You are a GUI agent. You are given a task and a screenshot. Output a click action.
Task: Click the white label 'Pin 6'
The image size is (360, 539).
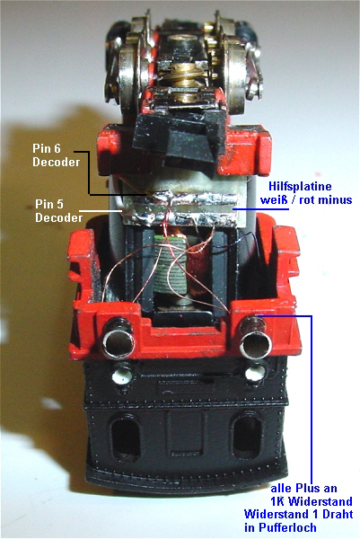click(47, 148)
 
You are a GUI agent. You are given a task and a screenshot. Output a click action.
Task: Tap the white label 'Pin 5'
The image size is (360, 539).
click(49, 204)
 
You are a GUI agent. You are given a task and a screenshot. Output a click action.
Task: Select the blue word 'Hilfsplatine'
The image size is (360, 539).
click(300, 186)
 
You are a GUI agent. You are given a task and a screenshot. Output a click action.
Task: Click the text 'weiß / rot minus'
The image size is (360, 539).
click(306, 199)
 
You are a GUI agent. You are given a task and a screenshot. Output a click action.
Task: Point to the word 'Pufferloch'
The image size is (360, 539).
click(280, 527)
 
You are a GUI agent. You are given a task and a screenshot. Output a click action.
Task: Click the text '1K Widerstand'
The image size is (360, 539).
click(312, 501)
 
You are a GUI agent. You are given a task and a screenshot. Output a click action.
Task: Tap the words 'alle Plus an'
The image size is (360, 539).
click(304, 488)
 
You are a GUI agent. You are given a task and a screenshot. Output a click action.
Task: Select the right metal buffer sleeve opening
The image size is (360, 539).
click(256, 345)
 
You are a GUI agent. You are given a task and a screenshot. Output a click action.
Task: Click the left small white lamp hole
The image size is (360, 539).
click(122, 376)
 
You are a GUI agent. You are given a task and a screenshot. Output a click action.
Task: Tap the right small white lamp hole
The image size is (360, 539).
click(256, 374)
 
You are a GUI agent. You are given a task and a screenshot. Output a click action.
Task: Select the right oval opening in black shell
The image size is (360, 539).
click(247, 437)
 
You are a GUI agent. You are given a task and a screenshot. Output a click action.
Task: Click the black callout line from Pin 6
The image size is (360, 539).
click(89, 172)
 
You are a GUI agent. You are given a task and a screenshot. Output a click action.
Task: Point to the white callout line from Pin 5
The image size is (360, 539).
click(101, 210)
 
